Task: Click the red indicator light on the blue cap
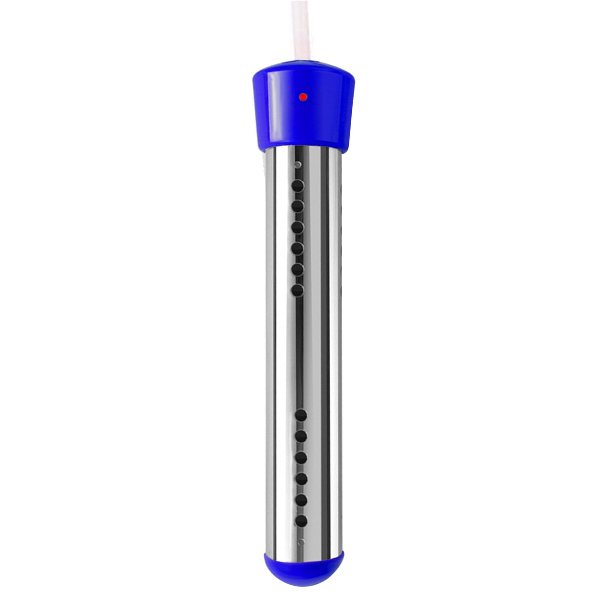tap(303, 97)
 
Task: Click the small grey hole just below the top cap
tap(298, 164)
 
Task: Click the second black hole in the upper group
tap(298, 206)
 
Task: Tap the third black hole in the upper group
tap(298, 227)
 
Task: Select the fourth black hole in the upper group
tap(298, 248)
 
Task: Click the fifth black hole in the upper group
tap(298, 269)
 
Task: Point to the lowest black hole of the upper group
tap(298, 290)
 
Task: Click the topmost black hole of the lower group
tap(301, 415)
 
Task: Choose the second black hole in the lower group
tap(301, 436)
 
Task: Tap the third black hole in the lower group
tap(301, 457)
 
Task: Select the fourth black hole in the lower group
tap(301, 478)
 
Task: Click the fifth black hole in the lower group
tap(301, 500)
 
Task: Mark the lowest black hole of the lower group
tap(301, 521)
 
